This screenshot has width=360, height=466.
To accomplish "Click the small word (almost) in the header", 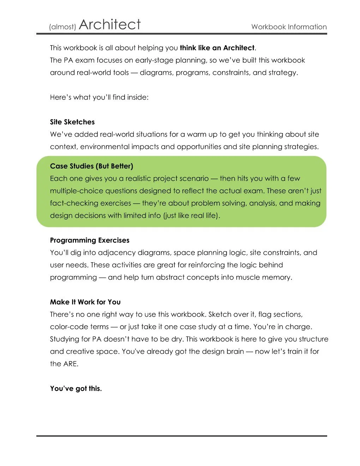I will [63, 27].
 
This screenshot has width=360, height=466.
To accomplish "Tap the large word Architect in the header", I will [110, 24].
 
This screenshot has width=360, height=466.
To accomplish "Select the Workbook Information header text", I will [289, 27].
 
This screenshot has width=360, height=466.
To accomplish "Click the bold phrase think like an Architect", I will [217, 48].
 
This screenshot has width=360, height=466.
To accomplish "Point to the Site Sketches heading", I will [72, 122].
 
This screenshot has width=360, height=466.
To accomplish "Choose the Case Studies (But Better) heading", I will [91, 166].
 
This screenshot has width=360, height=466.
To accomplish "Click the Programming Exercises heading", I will [90, 240].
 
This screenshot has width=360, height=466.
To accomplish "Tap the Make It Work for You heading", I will [85, 302].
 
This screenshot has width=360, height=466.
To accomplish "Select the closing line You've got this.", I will [76, 389].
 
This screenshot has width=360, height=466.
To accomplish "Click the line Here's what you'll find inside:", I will [99, 97].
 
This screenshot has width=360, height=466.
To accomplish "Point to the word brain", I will [235, 352].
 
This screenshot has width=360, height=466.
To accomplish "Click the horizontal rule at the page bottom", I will [181, 436].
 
